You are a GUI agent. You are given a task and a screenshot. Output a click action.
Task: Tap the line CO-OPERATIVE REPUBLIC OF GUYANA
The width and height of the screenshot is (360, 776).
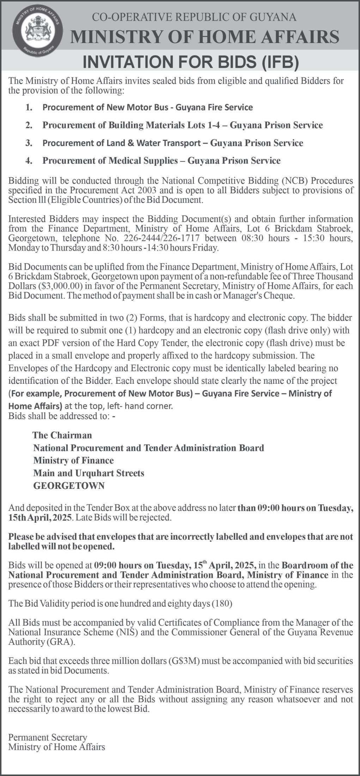point(194,17)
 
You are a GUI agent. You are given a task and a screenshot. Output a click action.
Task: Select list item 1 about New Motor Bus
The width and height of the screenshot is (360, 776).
point(147,107)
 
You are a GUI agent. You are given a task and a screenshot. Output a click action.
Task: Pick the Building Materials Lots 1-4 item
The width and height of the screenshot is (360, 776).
point(182,125)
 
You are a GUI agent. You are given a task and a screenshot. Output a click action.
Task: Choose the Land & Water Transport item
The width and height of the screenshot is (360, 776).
point(172,143)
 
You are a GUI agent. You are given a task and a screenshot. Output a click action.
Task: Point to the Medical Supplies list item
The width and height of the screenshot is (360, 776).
point(161,161)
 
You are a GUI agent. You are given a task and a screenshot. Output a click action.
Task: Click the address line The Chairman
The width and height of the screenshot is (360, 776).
point(62,435)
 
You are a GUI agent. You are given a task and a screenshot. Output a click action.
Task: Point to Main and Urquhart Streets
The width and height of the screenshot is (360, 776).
point(89,473)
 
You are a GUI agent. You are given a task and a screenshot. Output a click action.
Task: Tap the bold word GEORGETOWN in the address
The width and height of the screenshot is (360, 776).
point(69,486)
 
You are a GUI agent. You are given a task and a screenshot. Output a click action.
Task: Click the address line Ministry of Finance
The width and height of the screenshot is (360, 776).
point(73,461)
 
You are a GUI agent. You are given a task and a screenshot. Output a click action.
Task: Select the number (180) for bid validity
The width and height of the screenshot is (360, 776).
point(221,604)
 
